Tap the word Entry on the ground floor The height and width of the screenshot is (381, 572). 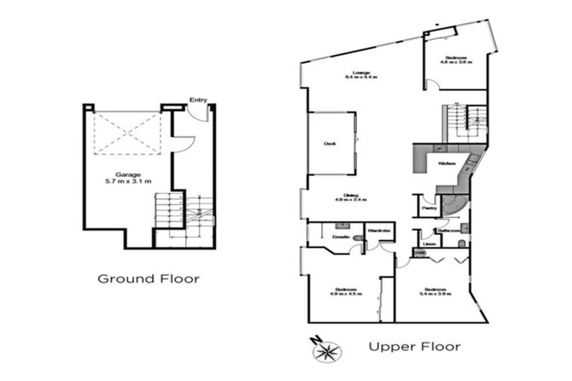point(198,100)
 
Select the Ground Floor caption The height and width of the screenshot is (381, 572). point(149,279)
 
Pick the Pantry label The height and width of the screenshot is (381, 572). point(429,208)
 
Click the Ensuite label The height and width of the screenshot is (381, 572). point(341,235)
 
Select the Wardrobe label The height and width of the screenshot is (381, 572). point(379,231)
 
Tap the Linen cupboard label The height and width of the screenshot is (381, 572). point(428,243)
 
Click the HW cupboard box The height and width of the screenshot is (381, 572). point(420,254)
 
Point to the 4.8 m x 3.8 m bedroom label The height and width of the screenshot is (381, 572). point(456,60)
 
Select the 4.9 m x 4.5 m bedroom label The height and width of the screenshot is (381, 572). point(346,291)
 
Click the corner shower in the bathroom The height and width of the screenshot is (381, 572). point(452,205)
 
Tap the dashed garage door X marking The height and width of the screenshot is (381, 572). point(128,133)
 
